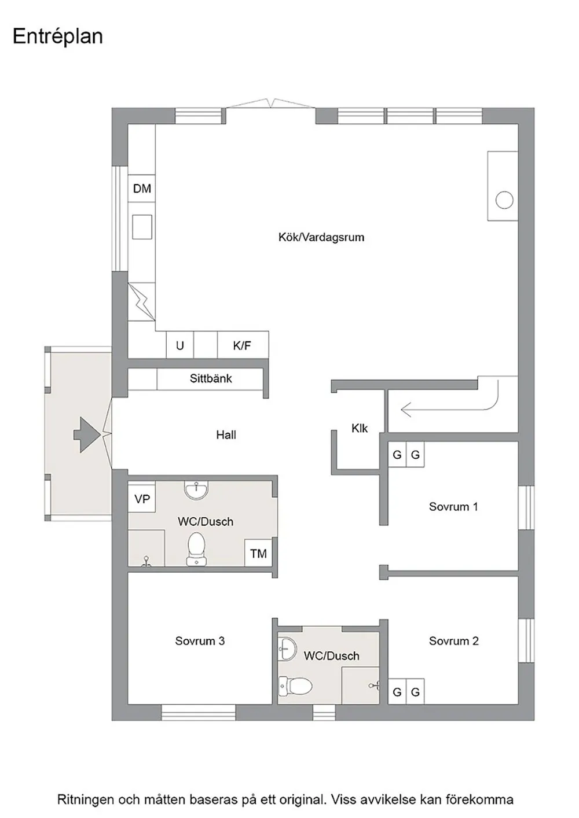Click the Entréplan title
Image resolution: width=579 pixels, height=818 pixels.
pyautogui.click(x=58, y=37)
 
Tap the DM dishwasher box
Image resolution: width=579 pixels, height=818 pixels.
pyautogui.click(x=142, y=189)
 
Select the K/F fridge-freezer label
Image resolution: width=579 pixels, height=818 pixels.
pyautogui.click(x=242, y=345)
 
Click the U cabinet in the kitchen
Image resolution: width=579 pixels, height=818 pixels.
pyautogui.click(x=180, y=345)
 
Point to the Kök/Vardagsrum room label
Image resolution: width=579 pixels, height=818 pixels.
pyautogui.click(x=321, y=237)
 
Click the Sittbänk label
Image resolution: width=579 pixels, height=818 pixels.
pyautogui.click(x=211, y=378)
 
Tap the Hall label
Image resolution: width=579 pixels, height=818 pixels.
pyautogui.click(x=226, y=434)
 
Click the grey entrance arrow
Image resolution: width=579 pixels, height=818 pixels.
pyautogui.click(x=87, y=434)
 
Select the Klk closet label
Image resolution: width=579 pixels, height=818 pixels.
pyautogui.click(x=360, y=428)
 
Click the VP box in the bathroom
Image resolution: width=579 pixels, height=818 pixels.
pyautogui.click(x=142, y=499)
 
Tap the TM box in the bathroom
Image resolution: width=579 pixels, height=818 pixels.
pyautogui.click(x=258, y=554)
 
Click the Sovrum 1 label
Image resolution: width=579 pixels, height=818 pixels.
pyautogui.click(x=453, y=507)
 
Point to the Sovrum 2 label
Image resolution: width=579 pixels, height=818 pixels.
pyautogui.click(x=453, y=641)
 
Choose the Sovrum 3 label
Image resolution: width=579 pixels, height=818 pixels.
pyautogui.click(x=200, y=641)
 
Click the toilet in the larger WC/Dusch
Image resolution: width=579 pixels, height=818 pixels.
pyautogui.click(x=196, y=549)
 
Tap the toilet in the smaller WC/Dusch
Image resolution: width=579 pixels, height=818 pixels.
pyautogui.click(x=295, y=686)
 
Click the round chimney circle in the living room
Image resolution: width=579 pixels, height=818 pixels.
pyautogui.click(x=504, y=200)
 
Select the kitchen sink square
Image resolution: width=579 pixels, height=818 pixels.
pyautogui.click(x=142, y=227)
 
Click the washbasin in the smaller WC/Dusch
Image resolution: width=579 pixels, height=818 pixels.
pyautogui.click(x=287, y=649)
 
